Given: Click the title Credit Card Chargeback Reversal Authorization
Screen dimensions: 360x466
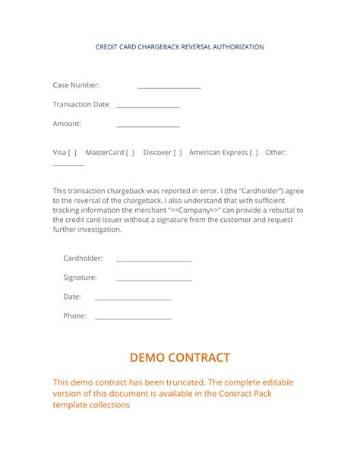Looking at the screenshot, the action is (x=180, y=47).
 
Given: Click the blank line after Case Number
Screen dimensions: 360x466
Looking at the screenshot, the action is (x=169, y=88).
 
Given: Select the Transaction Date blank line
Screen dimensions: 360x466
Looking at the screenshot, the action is (x=148, y=107).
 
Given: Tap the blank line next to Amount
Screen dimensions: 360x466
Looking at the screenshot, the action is (x=148, y=126).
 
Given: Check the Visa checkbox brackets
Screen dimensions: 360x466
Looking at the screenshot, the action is (x=73, y=153).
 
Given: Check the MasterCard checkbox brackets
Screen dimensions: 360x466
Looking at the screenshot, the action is (x=130, y=153).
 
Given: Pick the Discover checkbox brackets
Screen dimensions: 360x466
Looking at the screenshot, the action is (x=178, y=153).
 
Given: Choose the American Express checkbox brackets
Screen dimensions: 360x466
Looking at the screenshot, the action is (x=254, y=153).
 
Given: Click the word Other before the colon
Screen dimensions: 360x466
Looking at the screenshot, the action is (x=274, y=153).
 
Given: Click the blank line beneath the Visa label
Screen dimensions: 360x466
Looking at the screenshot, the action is (x=68, y=164).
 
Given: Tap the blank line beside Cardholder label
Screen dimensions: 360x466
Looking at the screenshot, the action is (x=154, y=261).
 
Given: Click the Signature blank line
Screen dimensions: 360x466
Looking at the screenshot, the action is (x=154, y=280).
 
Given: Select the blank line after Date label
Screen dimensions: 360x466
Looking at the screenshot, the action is (x=133, y=299).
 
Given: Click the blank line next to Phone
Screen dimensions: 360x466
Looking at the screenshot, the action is (x=133, y=318).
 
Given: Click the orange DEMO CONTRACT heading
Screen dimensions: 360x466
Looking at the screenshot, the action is (x=180, y=357).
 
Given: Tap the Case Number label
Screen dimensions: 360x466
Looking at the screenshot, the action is (x=76, y=85).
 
